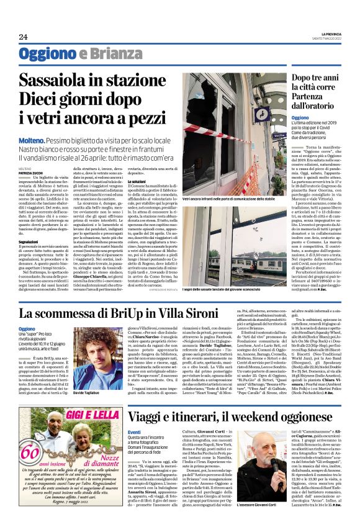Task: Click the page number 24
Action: [x=22, y=37]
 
